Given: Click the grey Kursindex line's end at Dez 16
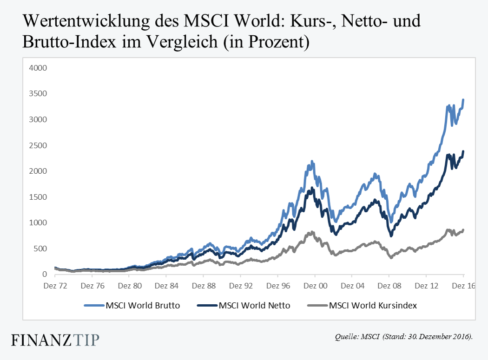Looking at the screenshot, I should (x=463, y=230).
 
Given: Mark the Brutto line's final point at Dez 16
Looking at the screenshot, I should (x=463, y=100).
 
